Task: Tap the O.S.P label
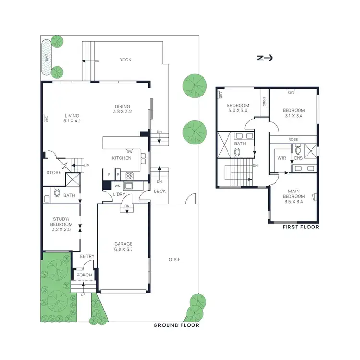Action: pyautogui.click(x=174, y=260)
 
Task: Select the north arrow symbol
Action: pyautogui.click(x=264, y=58)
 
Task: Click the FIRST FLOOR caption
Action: pyautogui.click(x=300, y=227)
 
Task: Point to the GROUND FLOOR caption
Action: pyautogui.click(x=176, y=325)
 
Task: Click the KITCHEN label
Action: pyautogui.click(x=122, y=158)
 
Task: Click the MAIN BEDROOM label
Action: pyautogui.click(x=290, y=194)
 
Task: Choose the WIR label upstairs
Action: pyautogui.click(x=282, y=158)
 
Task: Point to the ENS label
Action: pyautogui.click(x=298, y=158)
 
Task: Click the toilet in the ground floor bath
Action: pyautogui.click(x=57, y=193)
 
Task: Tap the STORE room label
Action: pyautogui.click(x=54, y=172)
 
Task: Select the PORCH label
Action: pyautogui.click(x=84, y=275)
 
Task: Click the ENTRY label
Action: pyautogui.click(x=87, y=257)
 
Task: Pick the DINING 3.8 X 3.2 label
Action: pyautogui.click(x=122, y=109)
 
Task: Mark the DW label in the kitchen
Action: pyautogui.click(x=129, y=151)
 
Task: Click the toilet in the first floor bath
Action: pyautogui.click(x=237, y=153)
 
